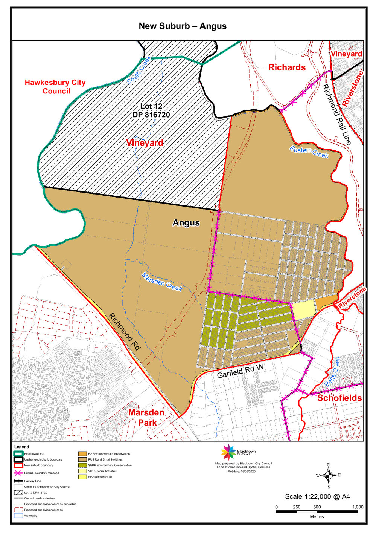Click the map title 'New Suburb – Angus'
click(183, 26)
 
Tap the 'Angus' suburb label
click(186, 223)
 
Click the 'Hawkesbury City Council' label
click(55, 87)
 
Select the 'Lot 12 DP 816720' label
click(151, 110)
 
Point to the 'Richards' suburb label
click(287, 67)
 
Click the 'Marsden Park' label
click(146, 417)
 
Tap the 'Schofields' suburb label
click(339, 398)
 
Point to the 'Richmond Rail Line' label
click(336, 114)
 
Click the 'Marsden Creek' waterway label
click(162, 282)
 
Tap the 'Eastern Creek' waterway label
click(309, 152)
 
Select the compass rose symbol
click(328, 475)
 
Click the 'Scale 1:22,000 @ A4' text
click(317, 496)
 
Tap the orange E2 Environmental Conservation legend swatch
click(82, 454)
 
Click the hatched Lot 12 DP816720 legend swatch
click(18, 493)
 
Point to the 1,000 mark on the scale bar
click(358, 507)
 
